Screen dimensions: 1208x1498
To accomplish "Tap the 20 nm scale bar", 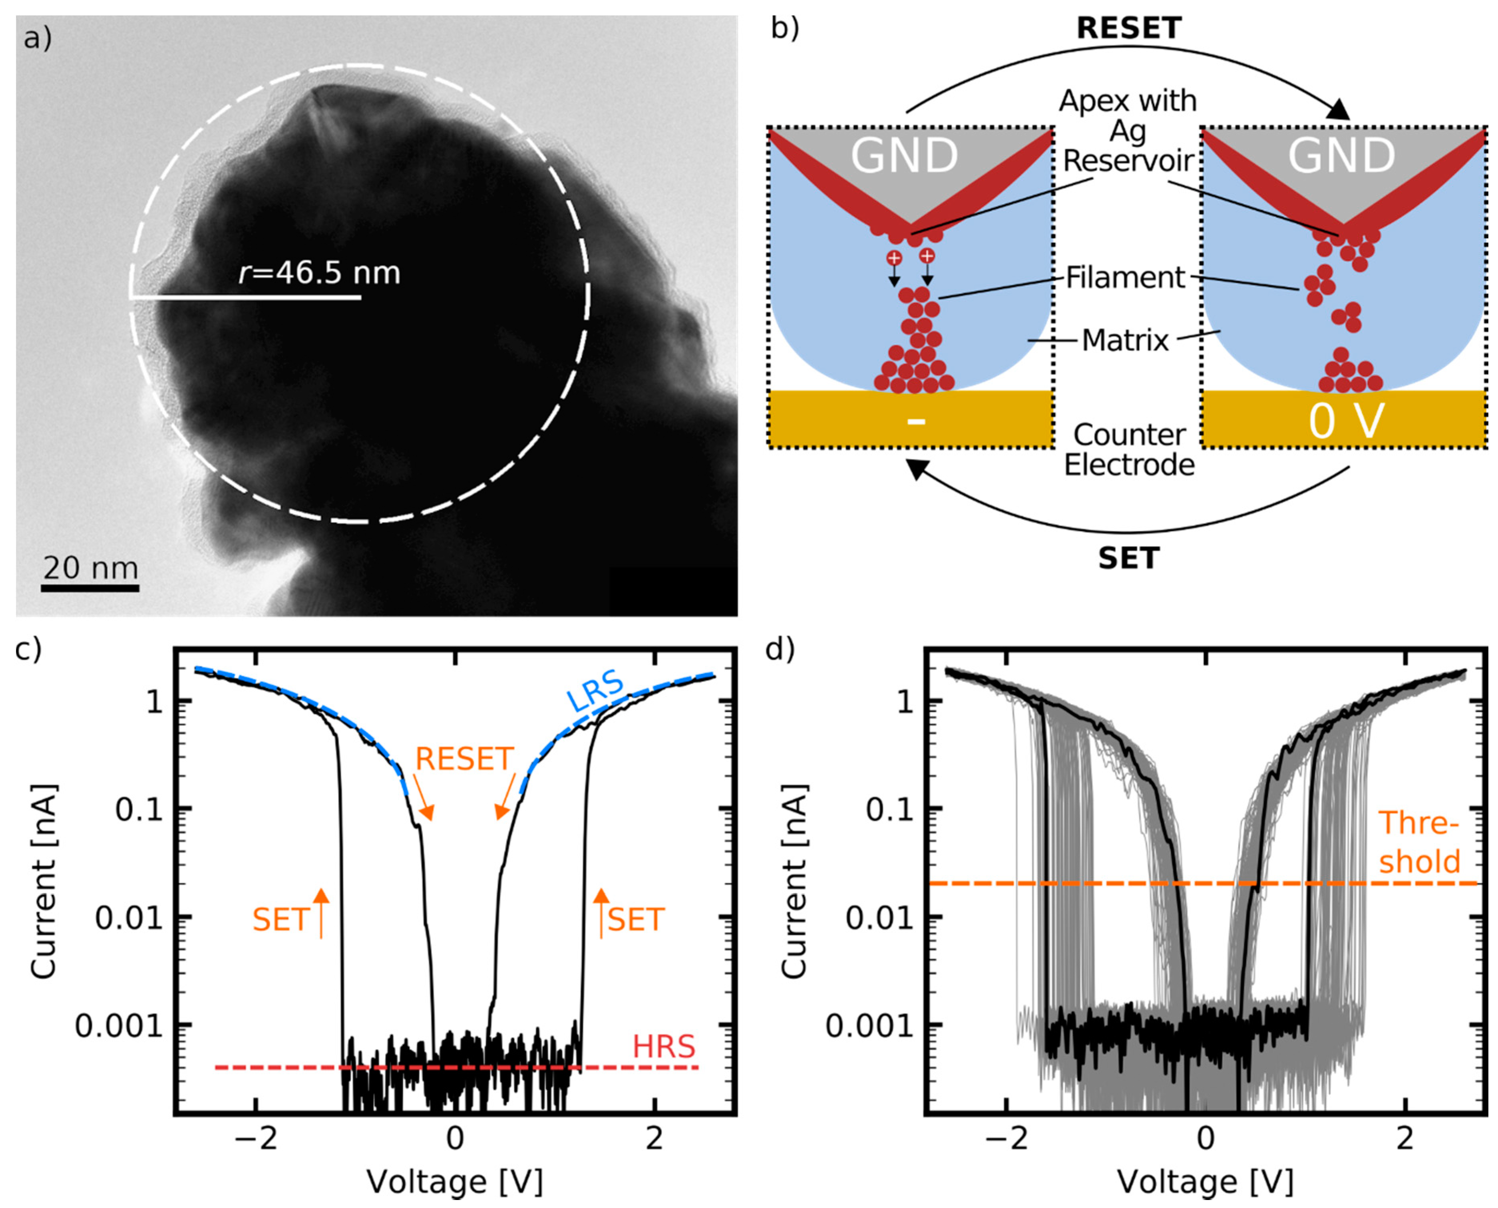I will tap(90, 588).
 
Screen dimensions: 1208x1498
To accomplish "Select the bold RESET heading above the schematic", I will tap(1128, 28).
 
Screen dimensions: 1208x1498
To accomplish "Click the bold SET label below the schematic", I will tap(1128, 558).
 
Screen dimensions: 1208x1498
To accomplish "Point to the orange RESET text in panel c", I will tap(464, 759).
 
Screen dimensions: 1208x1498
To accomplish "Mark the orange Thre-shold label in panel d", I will tap(1419, 842).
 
